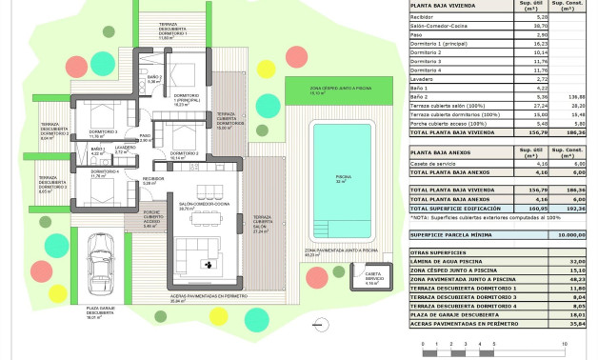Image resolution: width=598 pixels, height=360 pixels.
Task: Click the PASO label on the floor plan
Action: pyautogui.click(x=146, y=137)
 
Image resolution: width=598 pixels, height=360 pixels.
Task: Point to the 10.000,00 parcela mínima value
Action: pyautogui.click(x=571, y=232)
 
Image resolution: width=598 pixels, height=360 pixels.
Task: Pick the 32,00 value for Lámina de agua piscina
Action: pyautogui.click(x=575, y=261)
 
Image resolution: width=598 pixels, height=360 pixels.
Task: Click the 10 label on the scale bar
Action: pyautogui.click(x=566, y=342)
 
